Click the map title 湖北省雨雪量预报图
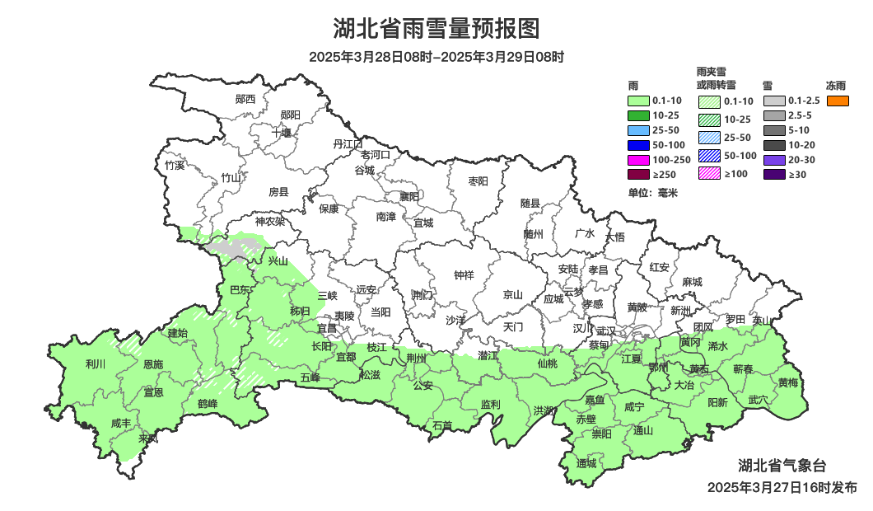point(436,29)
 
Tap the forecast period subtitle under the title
point(436,58)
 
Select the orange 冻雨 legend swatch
point(838,101)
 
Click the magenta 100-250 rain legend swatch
point(638,159)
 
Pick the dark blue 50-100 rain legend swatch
point(638,145)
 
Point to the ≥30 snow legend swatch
point(774,175)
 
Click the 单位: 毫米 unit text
point(652,193)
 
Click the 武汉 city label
point(606,330)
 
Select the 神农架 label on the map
point(269,221)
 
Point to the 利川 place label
point(96,363)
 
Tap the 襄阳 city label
point(408,196)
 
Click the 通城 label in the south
point(586,462)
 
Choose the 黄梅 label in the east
point(787,382)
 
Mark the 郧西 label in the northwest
point(245,99)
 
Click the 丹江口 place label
point(348,143)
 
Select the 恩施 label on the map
point(153,363)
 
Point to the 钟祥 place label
point(465,275)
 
